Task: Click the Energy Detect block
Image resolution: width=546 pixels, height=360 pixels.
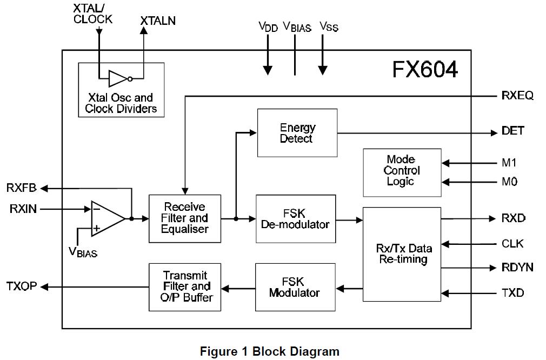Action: click(x=297, y=133)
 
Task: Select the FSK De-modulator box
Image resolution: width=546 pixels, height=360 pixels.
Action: click(x=295, y=218)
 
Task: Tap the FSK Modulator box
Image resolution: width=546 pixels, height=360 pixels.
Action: click(x=295, y=287)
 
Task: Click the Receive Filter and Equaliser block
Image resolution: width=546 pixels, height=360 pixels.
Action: click(x=185, y=218)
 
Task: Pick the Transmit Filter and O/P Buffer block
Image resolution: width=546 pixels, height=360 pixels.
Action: click(x=185, y=286)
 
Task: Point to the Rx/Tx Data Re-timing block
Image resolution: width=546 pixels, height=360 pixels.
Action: click(x=402, y=254)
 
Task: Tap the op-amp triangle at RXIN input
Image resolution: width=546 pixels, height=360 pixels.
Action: click(x=105, y=218)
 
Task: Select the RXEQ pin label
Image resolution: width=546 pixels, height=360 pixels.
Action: click(x=517, y=96)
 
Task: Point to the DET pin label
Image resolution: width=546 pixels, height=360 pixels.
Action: click(x=512, y=131)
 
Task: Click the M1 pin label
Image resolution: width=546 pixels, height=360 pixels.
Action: click(x=509, y=163)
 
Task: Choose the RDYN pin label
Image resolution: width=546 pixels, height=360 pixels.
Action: click(x=517, y=268)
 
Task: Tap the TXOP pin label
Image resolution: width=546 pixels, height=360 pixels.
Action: click(x=22, y=286)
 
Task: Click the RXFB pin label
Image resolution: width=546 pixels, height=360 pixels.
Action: click(x=22, y=188)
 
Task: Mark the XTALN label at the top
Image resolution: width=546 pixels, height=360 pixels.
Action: click(x=158, y=21)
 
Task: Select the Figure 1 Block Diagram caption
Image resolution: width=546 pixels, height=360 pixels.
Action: click(x=269, y=351)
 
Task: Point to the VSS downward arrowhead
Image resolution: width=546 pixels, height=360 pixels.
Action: click(x=323, y=70)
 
